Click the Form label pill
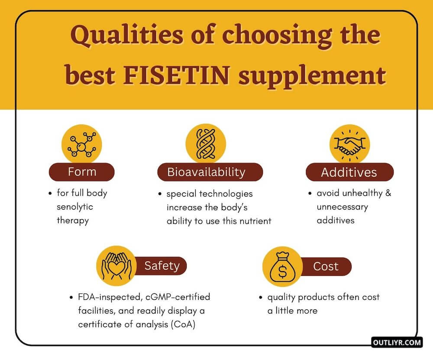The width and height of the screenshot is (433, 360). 82,172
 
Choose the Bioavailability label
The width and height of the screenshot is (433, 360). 206,172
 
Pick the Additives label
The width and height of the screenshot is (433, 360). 349,172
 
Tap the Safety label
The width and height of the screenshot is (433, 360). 162,266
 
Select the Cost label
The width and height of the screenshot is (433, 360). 326,266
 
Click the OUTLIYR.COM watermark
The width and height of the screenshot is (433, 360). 396,342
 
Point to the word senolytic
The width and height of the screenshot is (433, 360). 75,206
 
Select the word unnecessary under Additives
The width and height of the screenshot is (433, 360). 342,207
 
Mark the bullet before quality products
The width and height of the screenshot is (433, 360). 260,298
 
